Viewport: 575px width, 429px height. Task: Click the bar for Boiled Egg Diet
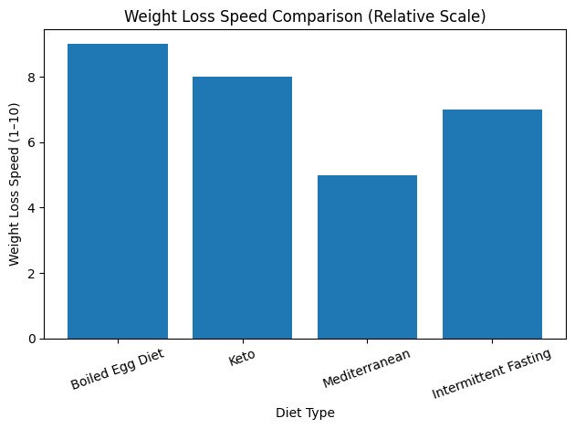(x=118, y=192)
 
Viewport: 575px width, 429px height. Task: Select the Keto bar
(x=242, y=208)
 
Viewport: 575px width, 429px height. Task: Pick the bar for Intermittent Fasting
(x=492, y=225)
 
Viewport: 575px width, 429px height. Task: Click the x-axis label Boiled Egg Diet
(x=118, y=365)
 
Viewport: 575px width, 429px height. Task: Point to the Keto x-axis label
(x=242, y=357)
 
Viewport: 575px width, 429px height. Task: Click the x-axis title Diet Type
(x=305, y=413)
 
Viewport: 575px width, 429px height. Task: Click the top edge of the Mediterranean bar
(x=367, y=175)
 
